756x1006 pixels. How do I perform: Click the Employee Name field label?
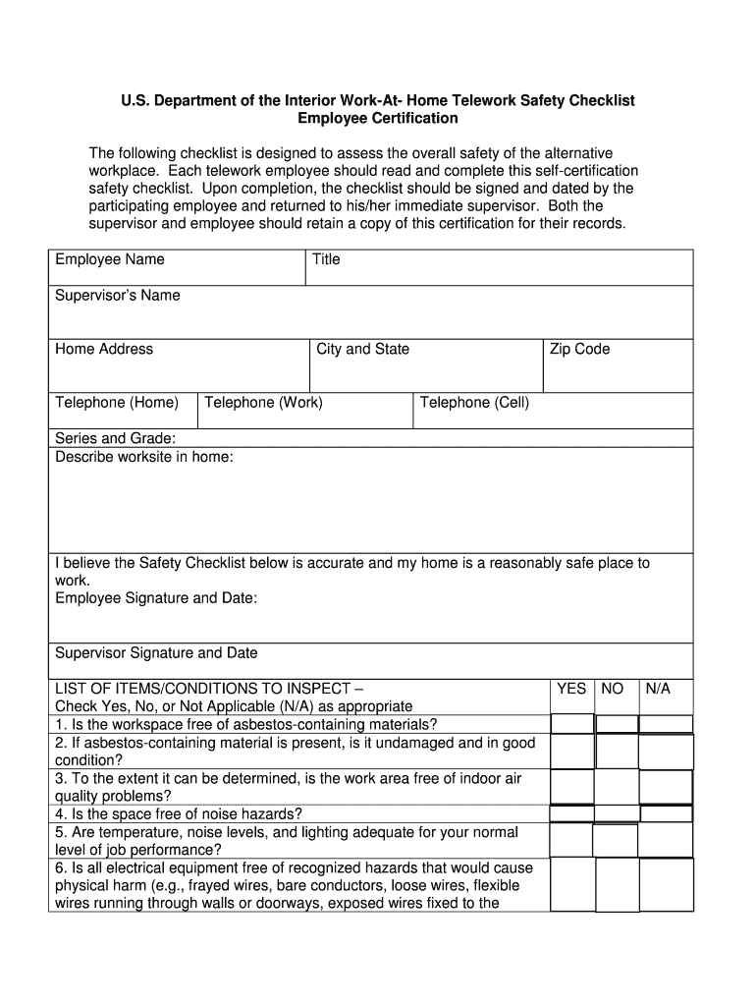coord(110,259)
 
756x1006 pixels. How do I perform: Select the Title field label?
coord(326,259)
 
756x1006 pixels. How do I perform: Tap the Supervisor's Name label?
coord(118,296)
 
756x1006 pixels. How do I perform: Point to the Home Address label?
coord(104,349)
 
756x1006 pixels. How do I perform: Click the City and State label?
coord(362,349)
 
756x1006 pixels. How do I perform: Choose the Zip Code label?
coord(579,349)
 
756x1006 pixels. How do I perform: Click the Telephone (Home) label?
coord(117,403)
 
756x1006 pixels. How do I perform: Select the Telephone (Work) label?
coord(263,403)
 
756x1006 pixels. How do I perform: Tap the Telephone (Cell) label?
coord(474,403)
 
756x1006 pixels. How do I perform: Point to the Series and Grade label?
coord(116,438)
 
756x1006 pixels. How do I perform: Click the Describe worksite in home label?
coord(144,457)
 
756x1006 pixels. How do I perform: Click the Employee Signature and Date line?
coord(156,598)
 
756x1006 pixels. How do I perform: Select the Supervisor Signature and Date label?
coord(156,653)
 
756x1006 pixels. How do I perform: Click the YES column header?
coord(571,689)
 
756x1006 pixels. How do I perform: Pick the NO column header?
coord(612,689)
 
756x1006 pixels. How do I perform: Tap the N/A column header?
coord(658,689)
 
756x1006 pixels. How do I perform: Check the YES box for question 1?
coord(571,724)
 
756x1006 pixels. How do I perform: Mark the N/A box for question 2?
coord(666,752)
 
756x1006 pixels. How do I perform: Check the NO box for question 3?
coord(617,787)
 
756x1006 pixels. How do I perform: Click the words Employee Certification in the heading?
coord(377,118)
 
